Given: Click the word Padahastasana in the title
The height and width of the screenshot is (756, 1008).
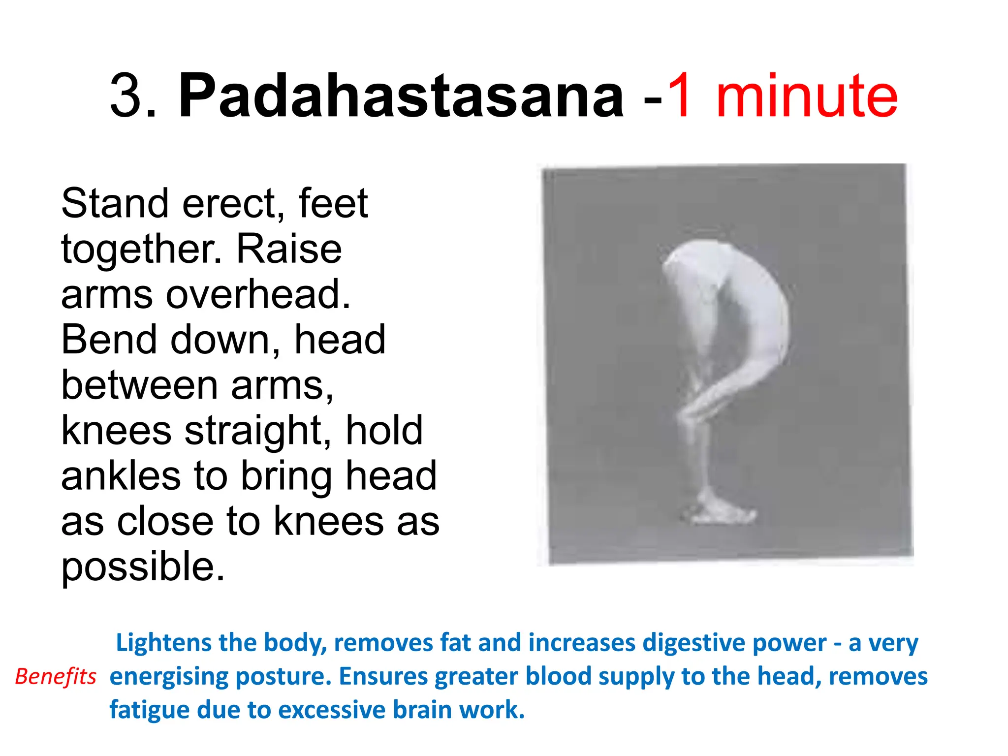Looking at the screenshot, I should tap(401, 96).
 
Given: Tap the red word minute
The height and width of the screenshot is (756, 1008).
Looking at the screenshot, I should tap(807, 96).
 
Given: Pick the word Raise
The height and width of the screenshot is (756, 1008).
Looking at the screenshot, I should tap(289, 249).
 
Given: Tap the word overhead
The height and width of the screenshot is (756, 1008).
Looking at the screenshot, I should tap(258, 294).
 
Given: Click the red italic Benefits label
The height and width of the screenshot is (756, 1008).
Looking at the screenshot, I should tap(56, 677).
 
